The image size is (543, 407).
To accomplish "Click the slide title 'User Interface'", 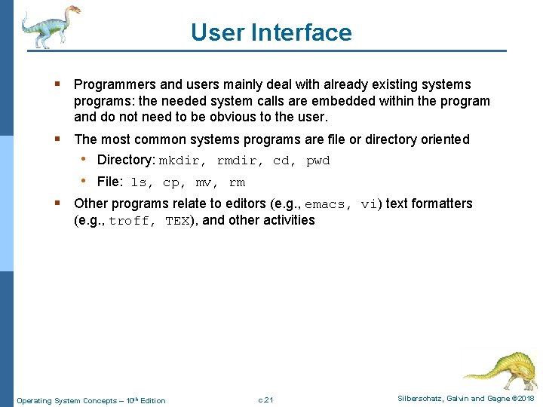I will tap(271, 32).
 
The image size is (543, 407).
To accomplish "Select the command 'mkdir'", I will tap(179, 161).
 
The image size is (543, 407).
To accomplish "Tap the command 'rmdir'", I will tap(238, 161).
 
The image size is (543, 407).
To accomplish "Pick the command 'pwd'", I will tap(318, 161).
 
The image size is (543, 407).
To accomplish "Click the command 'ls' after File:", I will tap(139, 183).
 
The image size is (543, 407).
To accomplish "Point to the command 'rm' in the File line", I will tap(237, 183).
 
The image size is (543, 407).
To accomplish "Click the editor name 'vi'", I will tap(370, 204).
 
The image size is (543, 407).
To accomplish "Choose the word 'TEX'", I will tap(177, 222).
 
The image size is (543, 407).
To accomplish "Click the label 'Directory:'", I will tap(126, 161).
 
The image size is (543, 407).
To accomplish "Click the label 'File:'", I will tap(110, 182).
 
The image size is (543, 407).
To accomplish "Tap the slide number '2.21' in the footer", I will tap(265, 400).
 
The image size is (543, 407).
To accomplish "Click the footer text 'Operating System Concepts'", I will tap(70, 400).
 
